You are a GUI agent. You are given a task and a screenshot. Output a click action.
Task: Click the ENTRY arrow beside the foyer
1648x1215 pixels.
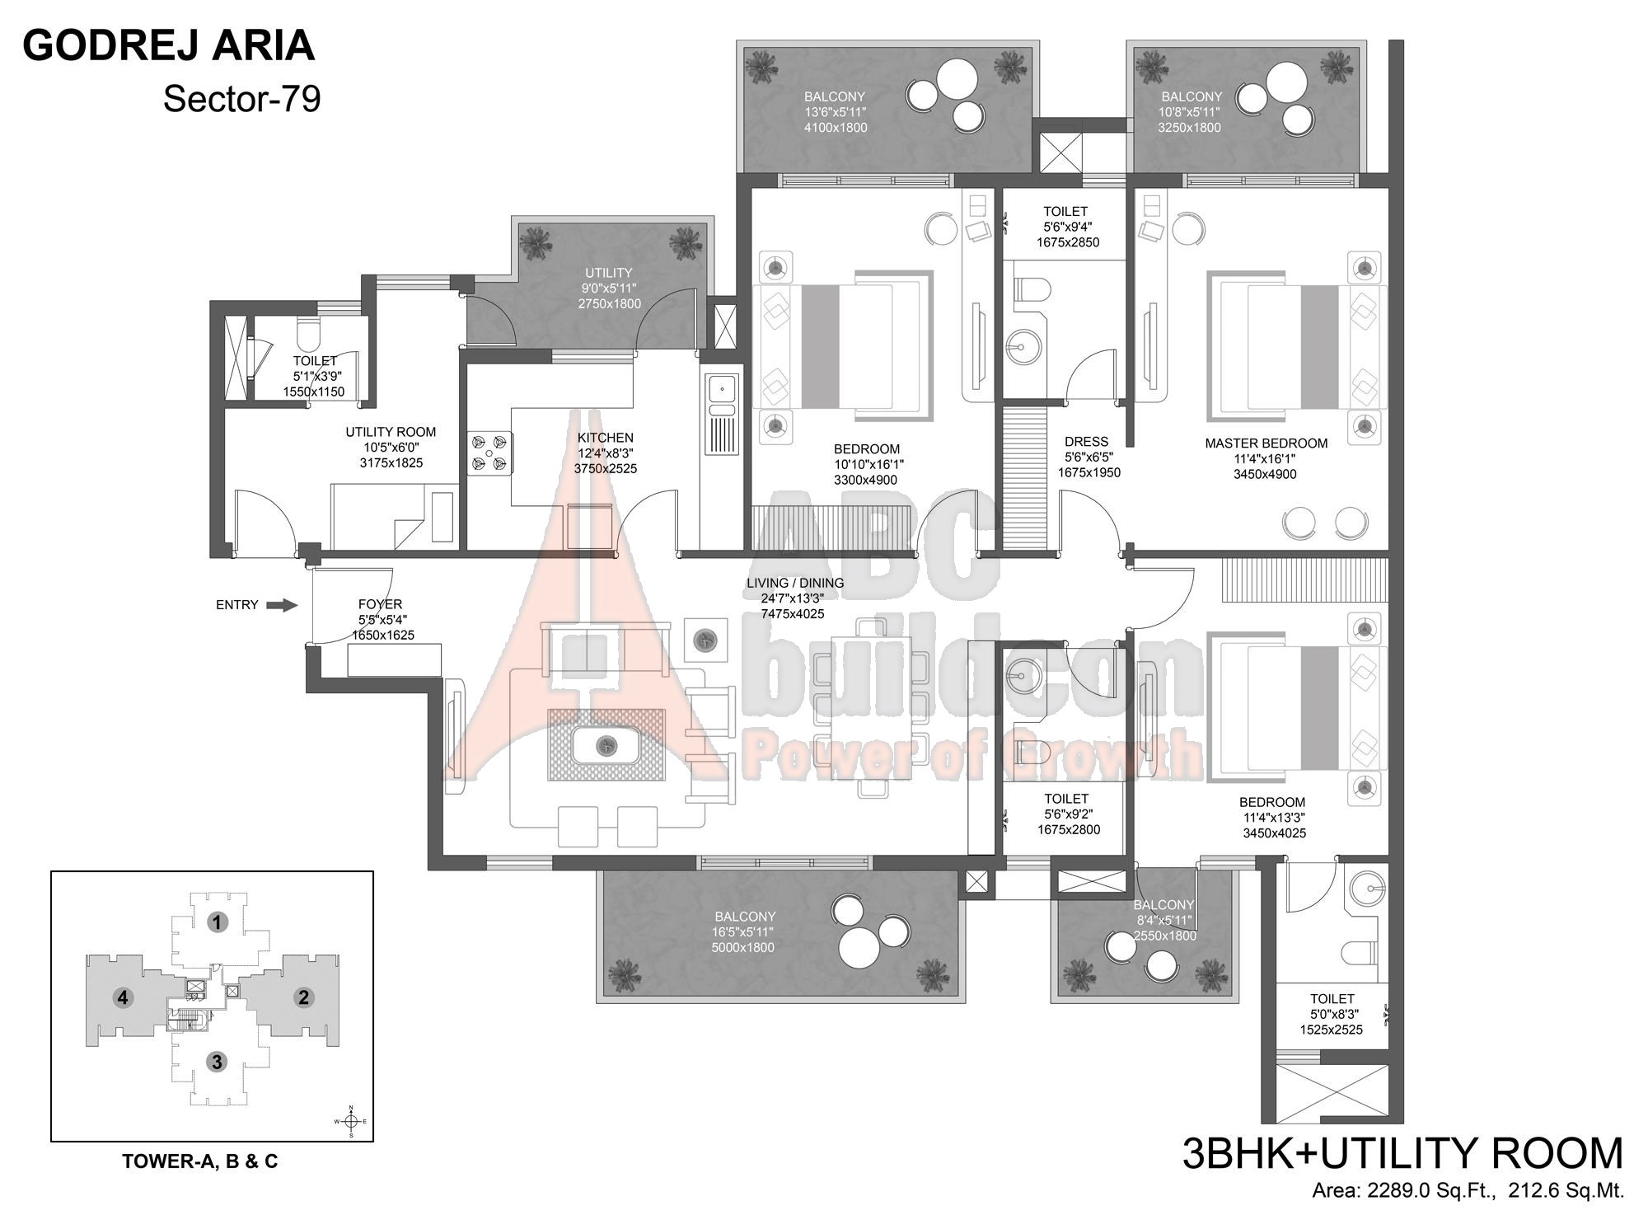(283, 605)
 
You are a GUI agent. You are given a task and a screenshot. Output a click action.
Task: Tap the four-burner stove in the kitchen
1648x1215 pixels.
(489, 453)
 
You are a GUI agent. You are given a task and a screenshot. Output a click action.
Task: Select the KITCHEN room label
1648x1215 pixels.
(606, 438)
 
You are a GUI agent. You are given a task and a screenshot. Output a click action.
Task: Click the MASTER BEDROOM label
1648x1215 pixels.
(1266, 443)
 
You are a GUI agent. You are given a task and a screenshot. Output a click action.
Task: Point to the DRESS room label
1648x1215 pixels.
(1086, 442)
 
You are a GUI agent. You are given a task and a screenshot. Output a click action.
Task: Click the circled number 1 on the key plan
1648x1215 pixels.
(218, 922)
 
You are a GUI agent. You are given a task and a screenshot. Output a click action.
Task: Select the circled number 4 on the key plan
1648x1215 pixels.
(123, 997)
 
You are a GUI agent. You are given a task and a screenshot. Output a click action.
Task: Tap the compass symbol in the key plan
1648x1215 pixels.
(351, 1121)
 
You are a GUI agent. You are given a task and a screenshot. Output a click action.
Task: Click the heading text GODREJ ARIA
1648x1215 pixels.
(169, 45)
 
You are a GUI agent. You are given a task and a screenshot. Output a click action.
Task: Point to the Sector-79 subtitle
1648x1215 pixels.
(241, 100)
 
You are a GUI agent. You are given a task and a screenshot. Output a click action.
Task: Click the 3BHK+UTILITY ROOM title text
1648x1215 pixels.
(1402, 1154)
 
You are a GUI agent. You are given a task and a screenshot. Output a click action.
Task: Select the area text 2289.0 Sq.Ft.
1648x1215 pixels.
(1434, 1191)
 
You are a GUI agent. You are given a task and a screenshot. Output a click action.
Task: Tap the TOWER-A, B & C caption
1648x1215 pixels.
(200, 1161)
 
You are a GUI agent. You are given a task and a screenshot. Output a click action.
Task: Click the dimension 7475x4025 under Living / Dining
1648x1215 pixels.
(793, 614)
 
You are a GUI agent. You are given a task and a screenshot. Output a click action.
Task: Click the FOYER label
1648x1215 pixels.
(381, 604)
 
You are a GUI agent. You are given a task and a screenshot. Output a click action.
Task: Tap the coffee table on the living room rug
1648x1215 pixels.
(606, 745)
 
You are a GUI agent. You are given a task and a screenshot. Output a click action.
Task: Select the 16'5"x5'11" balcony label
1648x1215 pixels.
(744, 932)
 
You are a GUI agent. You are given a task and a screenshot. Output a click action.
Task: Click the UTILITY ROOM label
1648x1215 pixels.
(391, 432)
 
